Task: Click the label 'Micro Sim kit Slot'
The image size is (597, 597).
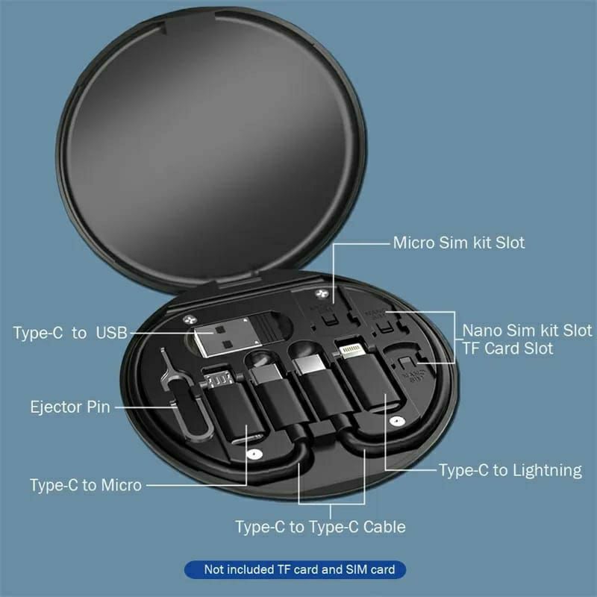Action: coord(459,243)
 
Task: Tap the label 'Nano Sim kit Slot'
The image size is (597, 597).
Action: coord(527,330)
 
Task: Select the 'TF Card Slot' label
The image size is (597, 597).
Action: coord(508,348)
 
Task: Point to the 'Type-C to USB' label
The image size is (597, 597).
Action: coord(70,333)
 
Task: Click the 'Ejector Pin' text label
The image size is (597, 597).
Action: coord(70,407)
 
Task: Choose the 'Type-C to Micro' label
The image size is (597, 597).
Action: coord(86,484)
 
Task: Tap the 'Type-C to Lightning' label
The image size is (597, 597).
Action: coord(510,470)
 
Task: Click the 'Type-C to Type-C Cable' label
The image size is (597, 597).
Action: coord(320,527)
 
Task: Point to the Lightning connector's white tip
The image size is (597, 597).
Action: coord(349,350)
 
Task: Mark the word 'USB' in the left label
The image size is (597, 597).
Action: coord(110,333)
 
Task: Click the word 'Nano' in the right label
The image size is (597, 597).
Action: coord(481,330)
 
